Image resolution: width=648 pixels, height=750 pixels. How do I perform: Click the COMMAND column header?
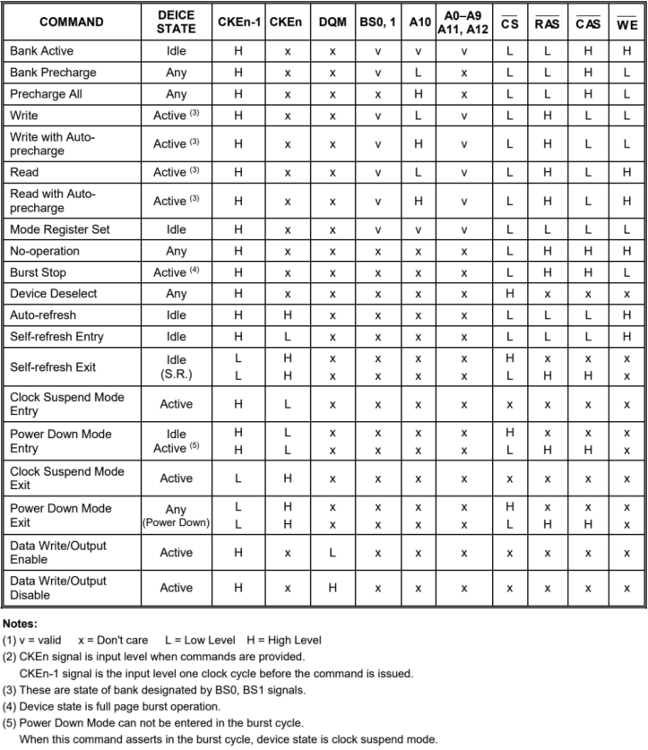[71, 22]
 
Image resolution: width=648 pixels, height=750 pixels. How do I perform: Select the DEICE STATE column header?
[177, 22]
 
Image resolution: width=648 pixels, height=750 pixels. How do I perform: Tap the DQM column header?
[333, 22]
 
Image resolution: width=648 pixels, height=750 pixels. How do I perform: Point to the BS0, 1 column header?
[377, 22]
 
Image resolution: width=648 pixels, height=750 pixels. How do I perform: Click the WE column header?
[627, 22]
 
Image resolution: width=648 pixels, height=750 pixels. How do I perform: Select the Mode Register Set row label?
[59, 229]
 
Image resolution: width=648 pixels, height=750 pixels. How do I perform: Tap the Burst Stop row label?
[38, 272]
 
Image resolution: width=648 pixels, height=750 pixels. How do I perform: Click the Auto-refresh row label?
[44, 315]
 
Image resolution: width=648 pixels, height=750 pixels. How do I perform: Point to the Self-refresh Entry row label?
[56, 336]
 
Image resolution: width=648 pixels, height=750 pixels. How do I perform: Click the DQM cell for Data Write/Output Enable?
[333, 553]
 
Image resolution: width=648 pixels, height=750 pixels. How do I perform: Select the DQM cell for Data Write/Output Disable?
[333, 588]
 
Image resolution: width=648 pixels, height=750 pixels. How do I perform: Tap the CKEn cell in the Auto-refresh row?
[287, 315]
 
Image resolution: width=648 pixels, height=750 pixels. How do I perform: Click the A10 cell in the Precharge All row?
[419, 94]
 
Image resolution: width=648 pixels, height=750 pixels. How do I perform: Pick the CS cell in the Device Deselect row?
[510, 293]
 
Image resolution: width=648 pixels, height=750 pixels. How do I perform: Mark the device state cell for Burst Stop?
[177, 272]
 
